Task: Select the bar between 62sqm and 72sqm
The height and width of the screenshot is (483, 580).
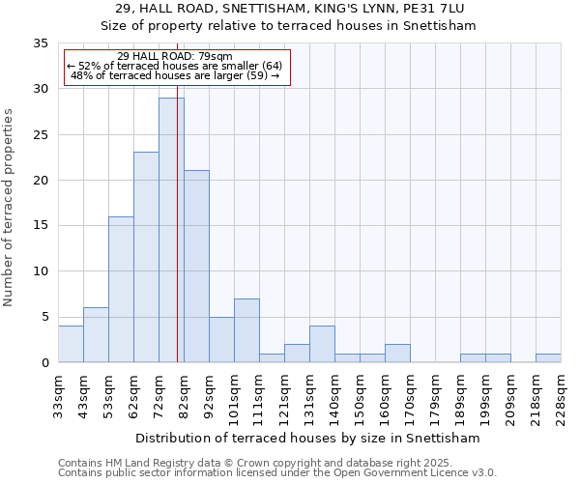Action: coord(146,257)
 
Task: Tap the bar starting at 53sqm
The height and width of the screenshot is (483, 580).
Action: coord(121,289)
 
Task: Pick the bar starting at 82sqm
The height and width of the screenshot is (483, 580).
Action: coord(196,266)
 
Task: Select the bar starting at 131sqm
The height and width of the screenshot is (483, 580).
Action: coord(322,344)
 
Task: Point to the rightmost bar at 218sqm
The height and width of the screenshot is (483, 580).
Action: coord(548,357)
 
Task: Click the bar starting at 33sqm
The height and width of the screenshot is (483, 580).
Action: coord(71,344)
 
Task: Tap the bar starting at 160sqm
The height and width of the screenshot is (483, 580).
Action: coord(397,353)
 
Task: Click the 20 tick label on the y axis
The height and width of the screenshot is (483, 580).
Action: coord(41,181)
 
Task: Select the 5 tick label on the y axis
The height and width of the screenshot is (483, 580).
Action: coord(44,318)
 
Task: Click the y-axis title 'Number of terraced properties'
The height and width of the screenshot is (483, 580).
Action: coord(9,207)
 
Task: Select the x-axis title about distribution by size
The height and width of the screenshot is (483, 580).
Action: coord(309,438)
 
